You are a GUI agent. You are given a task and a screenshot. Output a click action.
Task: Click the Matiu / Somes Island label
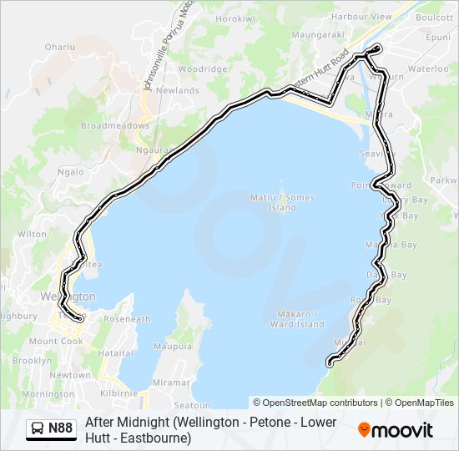coord(283,202)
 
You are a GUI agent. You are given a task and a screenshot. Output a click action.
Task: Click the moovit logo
coord(396,430)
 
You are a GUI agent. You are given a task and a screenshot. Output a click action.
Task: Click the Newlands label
coord(177,90)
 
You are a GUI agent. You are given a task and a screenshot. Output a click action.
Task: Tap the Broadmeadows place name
coord(115,125)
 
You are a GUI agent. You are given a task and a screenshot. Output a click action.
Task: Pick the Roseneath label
coord(126,319)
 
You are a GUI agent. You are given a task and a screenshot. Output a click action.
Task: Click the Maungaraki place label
coord(317,34)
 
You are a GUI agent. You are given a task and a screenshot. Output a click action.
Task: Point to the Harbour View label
coord(361,16)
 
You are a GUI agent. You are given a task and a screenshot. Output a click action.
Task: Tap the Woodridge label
coord(197,68)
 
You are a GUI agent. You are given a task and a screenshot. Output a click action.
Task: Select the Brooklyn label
coord(32,361)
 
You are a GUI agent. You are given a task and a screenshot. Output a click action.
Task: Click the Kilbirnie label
coord(117,392)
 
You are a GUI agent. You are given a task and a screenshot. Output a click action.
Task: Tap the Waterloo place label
coord(428,69)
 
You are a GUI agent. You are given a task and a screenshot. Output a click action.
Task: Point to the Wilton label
coord(32,234)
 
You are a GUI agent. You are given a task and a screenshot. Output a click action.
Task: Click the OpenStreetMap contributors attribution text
coord(315,403)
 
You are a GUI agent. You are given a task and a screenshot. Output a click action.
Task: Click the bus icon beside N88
coord(38,429)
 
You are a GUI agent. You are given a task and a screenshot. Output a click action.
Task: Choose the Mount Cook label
coord(56,341)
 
